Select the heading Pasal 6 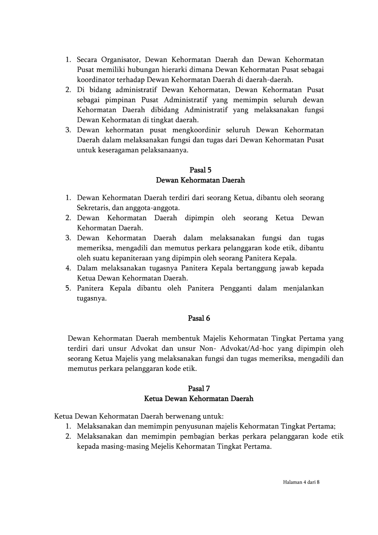199,318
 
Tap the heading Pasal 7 199,389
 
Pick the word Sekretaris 93,208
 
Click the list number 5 68,288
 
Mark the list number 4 68,268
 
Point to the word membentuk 181,338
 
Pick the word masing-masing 125,446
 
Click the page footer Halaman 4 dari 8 301,482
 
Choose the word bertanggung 266,268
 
